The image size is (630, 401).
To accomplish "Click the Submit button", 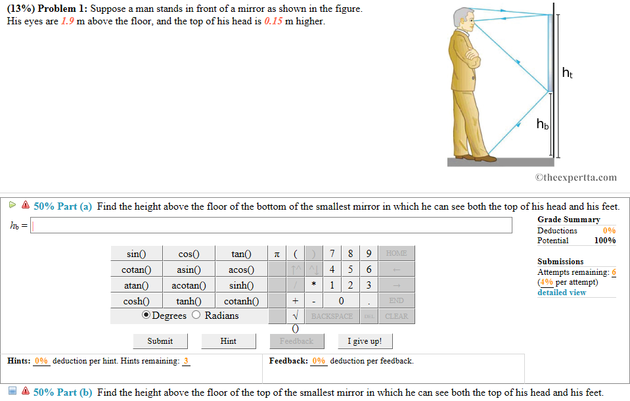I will pos(160,341).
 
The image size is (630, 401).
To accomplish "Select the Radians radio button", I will pos(196,316).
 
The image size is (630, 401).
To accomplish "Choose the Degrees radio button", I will pos(146,316).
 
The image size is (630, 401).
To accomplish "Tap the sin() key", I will pos(136,254).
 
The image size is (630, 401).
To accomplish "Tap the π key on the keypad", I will pos(277,254).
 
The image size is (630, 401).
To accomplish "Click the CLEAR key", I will pos(396,316).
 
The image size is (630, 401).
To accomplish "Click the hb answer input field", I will pos(271,225).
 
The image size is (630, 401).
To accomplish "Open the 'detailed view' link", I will pos(561,293).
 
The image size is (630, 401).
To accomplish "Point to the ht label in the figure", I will pos(568,73).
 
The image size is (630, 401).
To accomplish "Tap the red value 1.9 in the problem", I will pos(67,21).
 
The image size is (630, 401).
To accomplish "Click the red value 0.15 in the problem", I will pos(273,21).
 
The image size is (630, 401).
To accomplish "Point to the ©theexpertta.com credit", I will pos(575,177).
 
